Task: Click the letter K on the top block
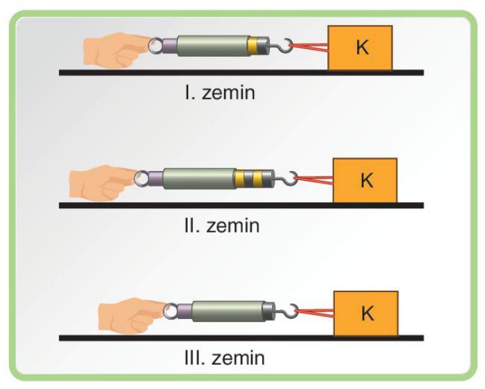point(363,47)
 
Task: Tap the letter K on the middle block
point(367,180)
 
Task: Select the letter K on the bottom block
point(368,313)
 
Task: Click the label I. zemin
point(220,92)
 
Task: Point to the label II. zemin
point(222,225)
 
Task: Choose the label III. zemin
point(224,358)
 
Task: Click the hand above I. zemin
point(116,50)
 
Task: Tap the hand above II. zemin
point(102,183)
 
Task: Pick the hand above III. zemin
point(131,316)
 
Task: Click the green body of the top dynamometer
point(213,46)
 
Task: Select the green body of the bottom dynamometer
point(228,311)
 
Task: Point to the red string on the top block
point(309,47)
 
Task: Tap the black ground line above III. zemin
point(241,338)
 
